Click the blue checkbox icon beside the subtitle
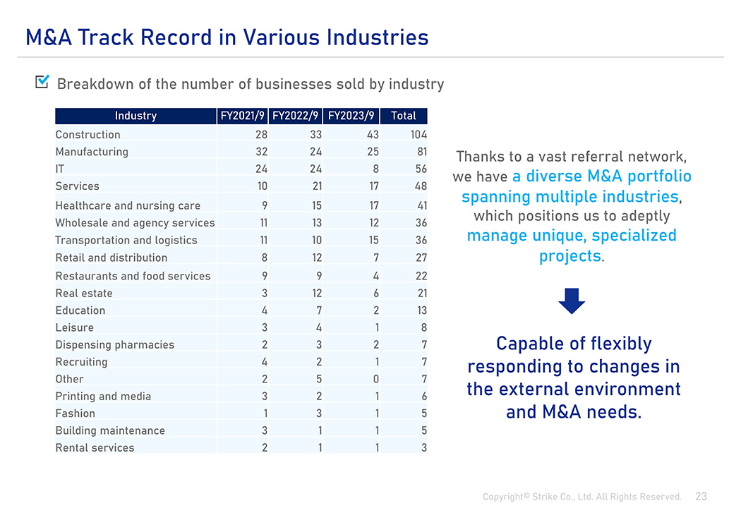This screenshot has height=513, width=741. [x=42, y=81]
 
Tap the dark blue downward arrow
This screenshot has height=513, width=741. [x=572, y=301]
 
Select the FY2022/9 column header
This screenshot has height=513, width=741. [x=296, y=116]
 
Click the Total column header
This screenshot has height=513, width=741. [x=403, y=116]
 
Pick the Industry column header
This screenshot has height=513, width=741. [x=135, y=116]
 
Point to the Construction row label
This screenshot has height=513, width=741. [x=88, y=135]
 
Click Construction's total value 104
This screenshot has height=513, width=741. [x=418, y=135]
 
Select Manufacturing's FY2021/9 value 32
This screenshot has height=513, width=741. [x=261, y=152]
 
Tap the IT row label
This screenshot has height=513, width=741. [x=59, y=169]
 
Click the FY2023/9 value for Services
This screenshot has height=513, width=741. [x=374, y=186]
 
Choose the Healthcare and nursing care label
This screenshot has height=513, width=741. [x=128, y=205]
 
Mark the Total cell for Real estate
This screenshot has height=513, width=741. [x=422, y=294]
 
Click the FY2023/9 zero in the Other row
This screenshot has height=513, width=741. [x=376, y=380]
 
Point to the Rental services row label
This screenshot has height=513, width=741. [x=95, y=448]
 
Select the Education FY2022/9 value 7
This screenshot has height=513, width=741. [x=319, y=310]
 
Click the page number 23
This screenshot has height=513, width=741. [x=701, y=496]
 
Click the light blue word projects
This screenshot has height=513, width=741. [x=570, y=256]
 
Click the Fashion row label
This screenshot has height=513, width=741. [x=75, y=414]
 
